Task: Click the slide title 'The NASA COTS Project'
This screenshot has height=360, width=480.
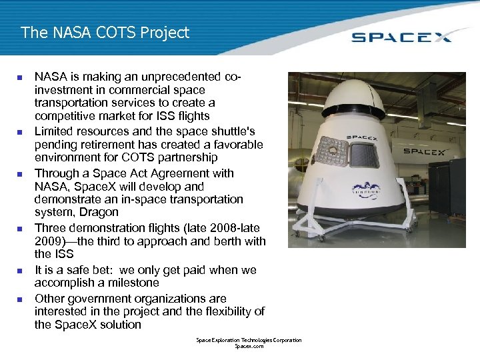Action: [105, 32]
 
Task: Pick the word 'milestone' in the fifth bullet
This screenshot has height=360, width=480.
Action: [134, 283]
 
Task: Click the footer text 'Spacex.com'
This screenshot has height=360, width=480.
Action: [249, 347]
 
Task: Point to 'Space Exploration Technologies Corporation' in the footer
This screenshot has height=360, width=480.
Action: [249, 340]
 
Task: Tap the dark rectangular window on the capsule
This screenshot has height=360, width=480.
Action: [364, 155]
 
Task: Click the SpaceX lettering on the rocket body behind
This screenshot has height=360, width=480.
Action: [423, 151]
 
